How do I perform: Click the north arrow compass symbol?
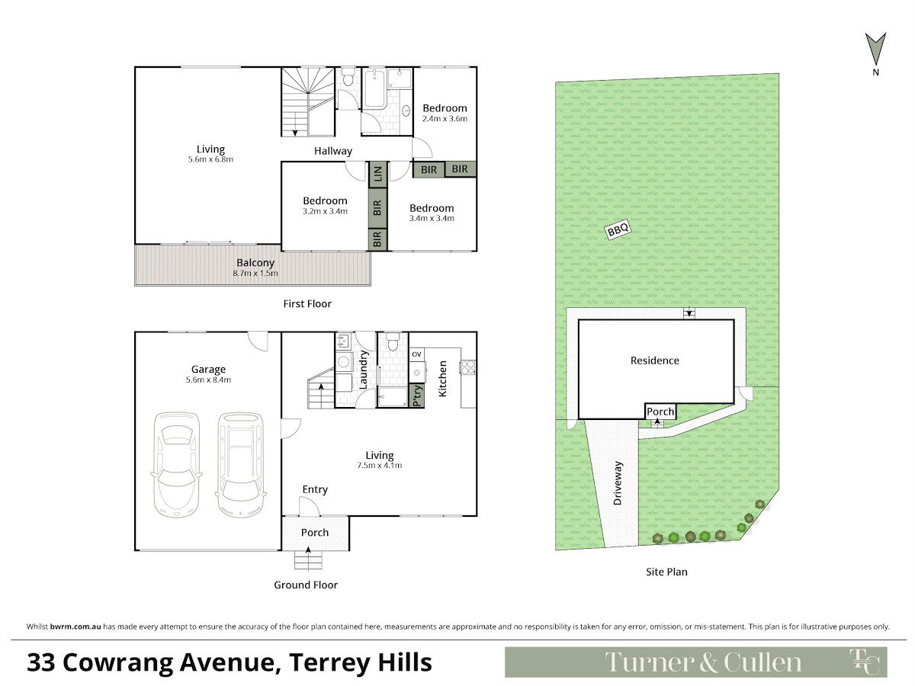(x=875, y=49)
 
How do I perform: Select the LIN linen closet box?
(x=377, y=174)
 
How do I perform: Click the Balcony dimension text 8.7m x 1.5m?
(x=255, y=274)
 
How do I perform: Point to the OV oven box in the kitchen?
(x=416, y=354)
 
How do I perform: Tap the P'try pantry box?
(x=417, y=396)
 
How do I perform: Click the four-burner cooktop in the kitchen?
(x=468, y=367)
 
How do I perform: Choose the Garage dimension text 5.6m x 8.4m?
(x=208, y=380)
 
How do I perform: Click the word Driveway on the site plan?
(x=618, y=483)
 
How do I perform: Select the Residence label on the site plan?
(x=654, y=361)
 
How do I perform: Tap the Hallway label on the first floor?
(x=333, y=151)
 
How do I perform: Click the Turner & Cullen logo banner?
(x=695, y=662)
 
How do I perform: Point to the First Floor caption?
(x=307, y=304)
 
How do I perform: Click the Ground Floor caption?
(x=306, y=585)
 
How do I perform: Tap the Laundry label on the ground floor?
(x=363, y=370)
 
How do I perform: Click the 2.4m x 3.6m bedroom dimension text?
(x=445, y=119)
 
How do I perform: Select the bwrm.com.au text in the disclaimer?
(x=75, y=627)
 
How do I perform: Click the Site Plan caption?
(x=666, y=572)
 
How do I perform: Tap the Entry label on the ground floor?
(x=315, y=490)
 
